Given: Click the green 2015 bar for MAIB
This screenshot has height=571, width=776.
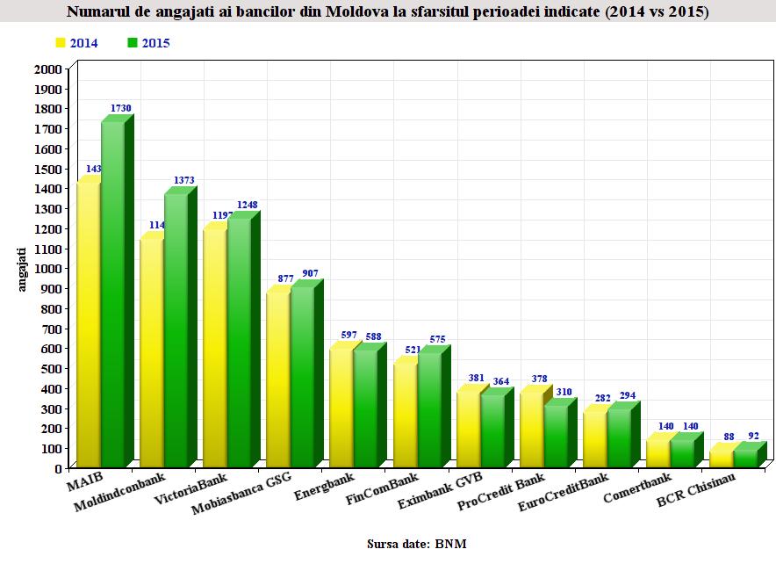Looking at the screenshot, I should point(113,294).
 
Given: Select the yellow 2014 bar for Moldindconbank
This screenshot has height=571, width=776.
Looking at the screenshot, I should point(152,351).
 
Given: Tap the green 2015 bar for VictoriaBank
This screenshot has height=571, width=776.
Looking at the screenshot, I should point(240,343).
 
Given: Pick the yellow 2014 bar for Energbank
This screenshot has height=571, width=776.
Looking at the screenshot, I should point(341,408).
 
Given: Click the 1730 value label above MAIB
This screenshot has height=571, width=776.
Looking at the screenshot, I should point(120,108).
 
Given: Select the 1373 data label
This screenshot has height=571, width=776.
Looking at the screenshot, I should point(183,180).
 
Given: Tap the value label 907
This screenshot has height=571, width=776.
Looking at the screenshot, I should point(311,273).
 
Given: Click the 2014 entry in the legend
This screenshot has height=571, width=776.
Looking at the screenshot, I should point(76,42).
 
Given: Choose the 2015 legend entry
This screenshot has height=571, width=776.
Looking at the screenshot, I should point(148,42).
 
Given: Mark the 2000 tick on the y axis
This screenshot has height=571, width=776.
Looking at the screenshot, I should point(48,69).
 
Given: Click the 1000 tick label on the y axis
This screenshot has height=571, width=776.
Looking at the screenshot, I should point(48,269).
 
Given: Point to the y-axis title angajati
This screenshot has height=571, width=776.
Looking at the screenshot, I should point(24,268).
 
